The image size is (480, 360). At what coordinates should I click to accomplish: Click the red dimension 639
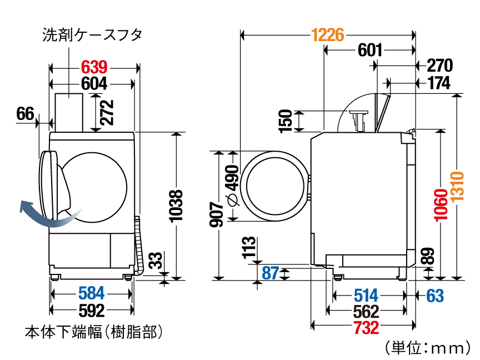tap(94, 67)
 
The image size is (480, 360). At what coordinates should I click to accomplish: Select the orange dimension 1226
tap(328, 35)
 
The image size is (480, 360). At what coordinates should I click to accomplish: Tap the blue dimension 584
tap(92, 293)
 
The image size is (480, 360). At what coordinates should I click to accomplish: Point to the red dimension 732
tap(367, 328)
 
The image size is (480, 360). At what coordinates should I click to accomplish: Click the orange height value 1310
tap(458, 186)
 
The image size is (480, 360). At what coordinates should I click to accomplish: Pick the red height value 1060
tap(441, 204)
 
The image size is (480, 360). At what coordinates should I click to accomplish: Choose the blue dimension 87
tap(271, 273)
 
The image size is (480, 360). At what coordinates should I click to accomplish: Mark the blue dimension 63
tap(435, 296)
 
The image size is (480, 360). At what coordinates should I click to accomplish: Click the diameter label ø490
tap(233, 186)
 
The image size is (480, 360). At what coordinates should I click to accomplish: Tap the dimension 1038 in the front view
tap(176, 206)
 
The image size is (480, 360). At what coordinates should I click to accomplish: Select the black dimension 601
tap(370, 50)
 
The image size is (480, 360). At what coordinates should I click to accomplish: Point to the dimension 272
tap(107, 112)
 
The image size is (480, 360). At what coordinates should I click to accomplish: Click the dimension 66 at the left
tap(25, 114)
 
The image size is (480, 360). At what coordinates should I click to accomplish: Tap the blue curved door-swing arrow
tap(49, 215)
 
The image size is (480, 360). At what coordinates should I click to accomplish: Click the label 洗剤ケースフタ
tap(92, 34)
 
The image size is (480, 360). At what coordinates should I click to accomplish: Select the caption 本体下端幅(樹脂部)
tap(94, 332)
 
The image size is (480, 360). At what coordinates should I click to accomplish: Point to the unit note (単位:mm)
tap(427, 348)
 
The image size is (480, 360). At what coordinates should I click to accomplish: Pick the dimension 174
tap(439, 83)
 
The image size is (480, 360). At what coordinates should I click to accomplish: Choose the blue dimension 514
tap(366, 296)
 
